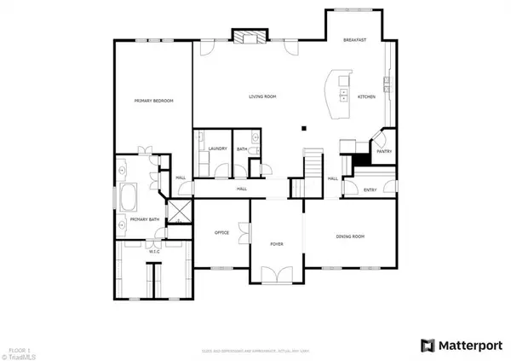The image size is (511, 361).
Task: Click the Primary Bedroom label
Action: [x=153, y=102]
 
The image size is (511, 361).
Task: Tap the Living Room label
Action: [x=262, y=96]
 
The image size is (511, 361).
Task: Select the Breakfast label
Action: [x=354, y=40]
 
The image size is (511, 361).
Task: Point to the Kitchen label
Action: [x=366, y=96]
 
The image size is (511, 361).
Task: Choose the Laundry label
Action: [x=217, y=148]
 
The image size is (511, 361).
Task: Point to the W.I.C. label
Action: [x=154, y=252]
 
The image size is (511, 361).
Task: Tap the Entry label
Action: [x=370, y=190]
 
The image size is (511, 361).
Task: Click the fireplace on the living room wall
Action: [x=248, y=36]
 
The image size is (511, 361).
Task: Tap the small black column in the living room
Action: [x=303, y=129]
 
